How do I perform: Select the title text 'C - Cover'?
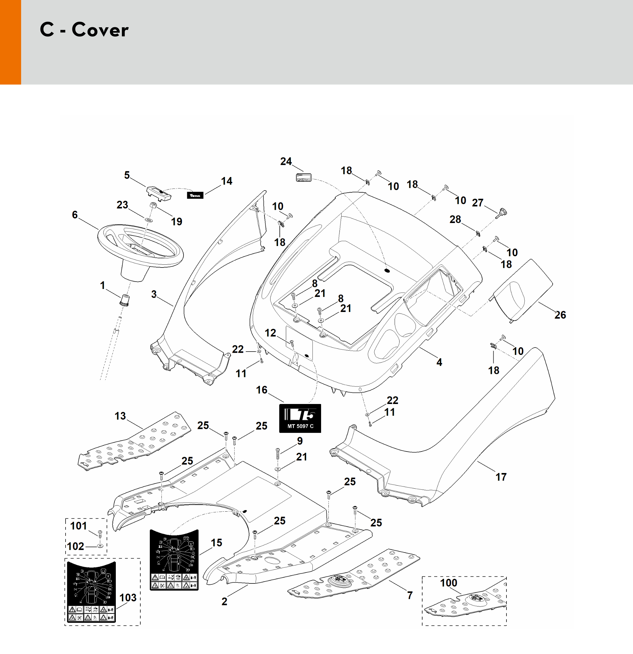[x=84, y=30]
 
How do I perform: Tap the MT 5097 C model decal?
[x=300, y=418]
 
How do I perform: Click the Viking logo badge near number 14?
[x=195, y=195]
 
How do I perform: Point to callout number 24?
[x=286, y=161]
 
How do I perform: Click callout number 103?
[x=128, y=598]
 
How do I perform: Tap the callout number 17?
[x=501, y=477]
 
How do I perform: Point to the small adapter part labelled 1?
[x=125, y=300]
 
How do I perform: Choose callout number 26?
[x=560, y=315]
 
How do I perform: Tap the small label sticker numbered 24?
[x=303, y=177]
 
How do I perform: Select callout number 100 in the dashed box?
[x=448, y=583]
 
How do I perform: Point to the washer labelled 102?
[x=100, y=546]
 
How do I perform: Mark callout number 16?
[x=262, y=390]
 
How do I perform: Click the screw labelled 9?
[x=278, y=453]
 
